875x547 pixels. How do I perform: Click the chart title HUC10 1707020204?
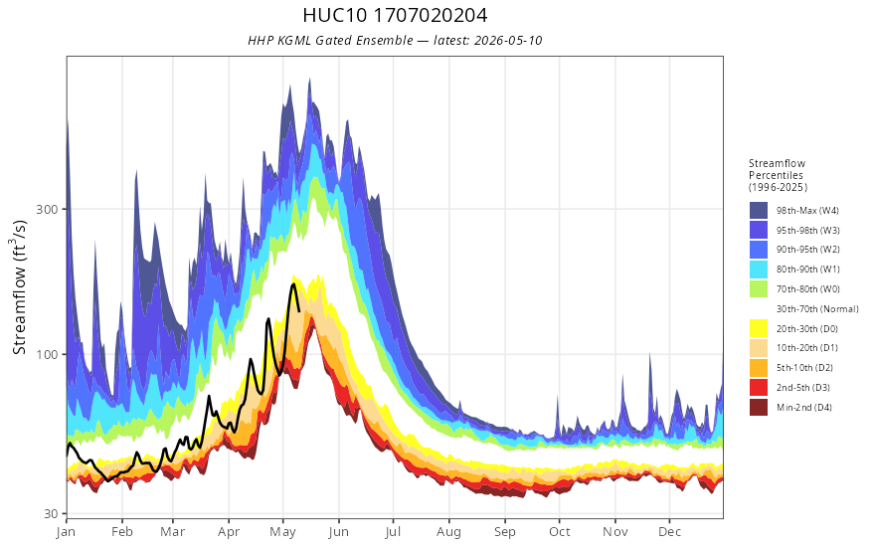tap(395, 16)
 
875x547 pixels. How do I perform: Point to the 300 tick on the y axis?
tap(47, 209)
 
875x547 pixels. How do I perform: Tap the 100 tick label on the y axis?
tap(47, 354)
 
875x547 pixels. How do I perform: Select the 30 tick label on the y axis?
tap(51, 513)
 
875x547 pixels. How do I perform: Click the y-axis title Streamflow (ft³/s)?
tap(20, 287)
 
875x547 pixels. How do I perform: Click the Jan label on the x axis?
tap(66, 532)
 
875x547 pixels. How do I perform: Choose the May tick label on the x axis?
tap(283, 532)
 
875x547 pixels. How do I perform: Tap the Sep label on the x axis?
tap(505, 532)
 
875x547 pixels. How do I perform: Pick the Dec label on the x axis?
tap(669, 532)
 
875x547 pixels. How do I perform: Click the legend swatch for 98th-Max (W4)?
tap(759, 211)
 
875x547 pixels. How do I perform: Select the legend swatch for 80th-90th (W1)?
tap(759, 270)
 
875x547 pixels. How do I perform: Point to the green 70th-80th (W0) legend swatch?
tap(759, 289)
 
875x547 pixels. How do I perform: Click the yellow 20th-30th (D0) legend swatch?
tap(759, 328)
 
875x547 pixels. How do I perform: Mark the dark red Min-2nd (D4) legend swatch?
tap(759, 407)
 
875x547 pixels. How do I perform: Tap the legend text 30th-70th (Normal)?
tap(817, 308)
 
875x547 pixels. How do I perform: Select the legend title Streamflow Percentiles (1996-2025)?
tap(778, 175)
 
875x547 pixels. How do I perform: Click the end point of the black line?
tap(299, 311)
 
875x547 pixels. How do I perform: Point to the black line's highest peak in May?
tap(293, 284)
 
